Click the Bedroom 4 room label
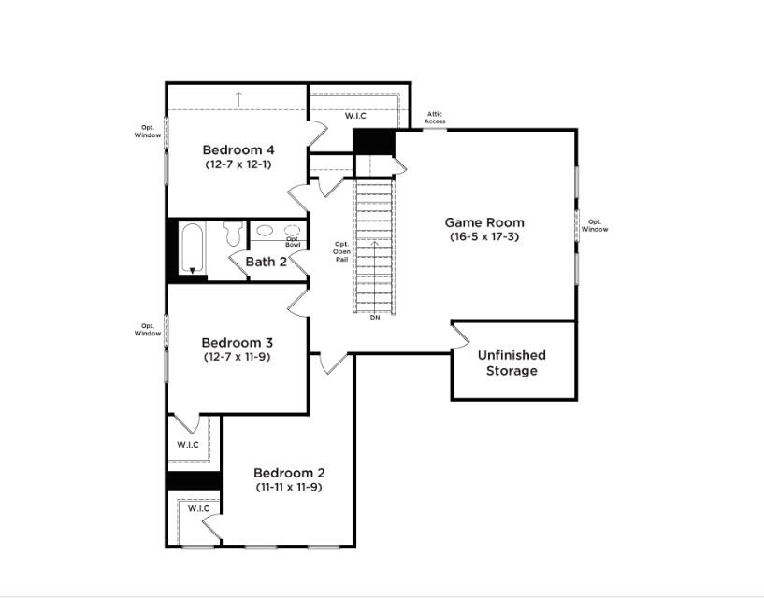(x=238, y=149)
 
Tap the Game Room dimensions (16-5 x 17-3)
(x=484, y=236)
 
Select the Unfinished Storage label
(x=512, y=363)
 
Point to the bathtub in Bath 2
(x=192, y=248)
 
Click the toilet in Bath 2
(x=234, y=234)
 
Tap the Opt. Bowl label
(x=293, y=242)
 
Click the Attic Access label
(x=435, y=118)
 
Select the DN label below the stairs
(x=375, y=318)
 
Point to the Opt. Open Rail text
(x=341, y=251)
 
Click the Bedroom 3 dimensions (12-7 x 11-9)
(x=237, y=356)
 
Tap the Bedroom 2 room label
(x=289, y=473)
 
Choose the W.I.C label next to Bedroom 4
(x=355, y=116)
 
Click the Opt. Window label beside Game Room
(x=595, y=225)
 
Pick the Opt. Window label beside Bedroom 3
(x=148, y=330)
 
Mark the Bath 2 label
(x=266, y=262)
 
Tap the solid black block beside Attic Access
(x=374, y=141)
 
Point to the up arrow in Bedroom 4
(x=238, y=99)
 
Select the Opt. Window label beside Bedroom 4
(x=148, y=132)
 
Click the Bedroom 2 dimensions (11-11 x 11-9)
(x=289, y=487)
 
